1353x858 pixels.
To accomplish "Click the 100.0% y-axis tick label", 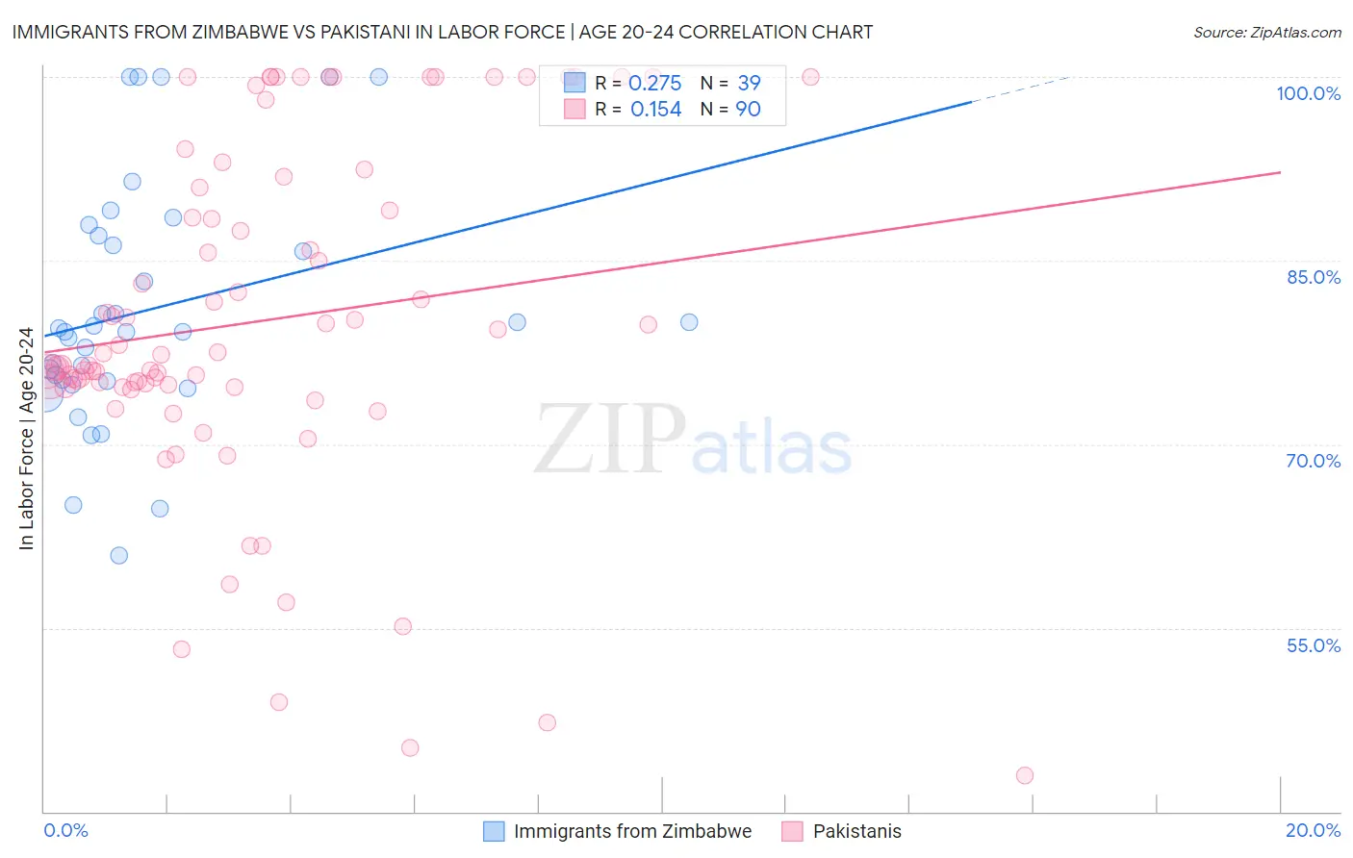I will point(1308,93).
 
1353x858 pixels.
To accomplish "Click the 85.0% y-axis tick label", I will point(1314,277).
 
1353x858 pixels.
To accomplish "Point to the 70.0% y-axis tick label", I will point(1314,461).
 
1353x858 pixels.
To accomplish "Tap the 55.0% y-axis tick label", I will point(1314,645).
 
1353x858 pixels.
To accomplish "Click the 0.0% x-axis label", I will point(65,830).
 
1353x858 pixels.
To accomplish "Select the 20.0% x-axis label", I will point(1313,830).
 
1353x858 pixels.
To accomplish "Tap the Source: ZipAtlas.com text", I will point(1266,33).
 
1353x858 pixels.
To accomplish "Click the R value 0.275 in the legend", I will point(654,84).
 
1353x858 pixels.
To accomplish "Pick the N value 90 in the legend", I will point(748,110).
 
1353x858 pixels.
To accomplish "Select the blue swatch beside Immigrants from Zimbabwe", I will point(494,831).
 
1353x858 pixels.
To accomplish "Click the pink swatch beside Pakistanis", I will point(792,831).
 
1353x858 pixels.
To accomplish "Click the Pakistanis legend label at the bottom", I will point(856,831).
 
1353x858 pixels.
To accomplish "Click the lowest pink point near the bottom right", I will point(1025,775).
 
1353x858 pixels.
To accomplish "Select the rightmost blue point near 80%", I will point(689,322).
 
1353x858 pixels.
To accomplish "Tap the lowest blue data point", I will point(119,555).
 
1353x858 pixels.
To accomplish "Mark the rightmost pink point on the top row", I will point(810,77).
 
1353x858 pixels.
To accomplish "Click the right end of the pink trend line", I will point(1280,172).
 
